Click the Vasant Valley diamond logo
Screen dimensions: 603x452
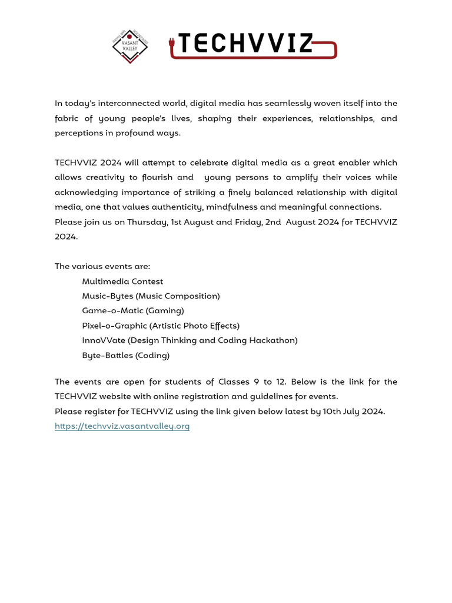click(x=130, y=47)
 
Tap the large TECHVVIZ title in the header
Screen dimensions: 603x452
click(x=245, y=44)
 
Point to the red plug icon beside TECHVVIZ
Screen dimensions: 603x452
click(x=172, y=44)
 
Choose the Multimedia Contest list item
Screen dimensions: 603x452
click(x=122, y=281)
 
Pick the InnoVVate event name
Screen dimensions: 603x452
click(x=104, y=340)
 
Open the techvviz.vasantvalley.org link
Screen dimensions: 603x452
click(x=122, y=426)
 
